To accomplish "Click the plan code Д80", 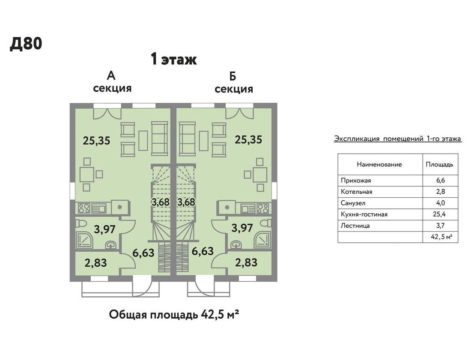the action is tap(26, 44).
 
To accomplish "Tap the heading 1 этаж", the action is tap(174, 59).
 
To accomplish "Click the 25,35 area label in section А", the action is tap(96, 140).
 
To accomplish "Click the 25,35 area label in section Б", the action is tap(248, 140).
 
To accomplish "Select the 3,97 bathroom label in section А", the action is tap(104, 229).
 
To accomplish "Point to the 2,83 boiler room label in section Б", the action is tap(246, 262).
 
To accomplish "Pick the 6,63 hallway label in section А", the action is tap(143, 253).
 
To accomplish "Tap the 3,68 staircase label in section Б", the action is tap(186, 202).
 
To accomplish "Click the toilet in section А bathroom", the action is tap(82, 224).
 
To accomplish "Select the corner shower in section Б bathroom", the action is tap(262, 240).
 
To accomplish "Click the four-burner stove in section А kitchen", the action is tap(84, 208).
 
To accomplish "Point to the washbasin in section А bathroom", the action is tap(111, 244).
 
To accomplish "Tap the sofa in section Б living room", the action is tap(188, 138).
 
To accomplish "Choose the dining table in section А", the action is tap(87, 174).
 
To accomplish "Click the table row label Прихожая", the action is tap(356, 181).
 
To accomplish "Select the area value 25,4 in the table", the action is tap(439, 214).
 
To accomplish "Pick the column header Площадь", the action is tap(439, 164).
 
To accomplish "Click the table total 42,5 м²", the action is tap(441, 237).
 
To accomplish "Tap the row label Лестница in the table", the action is tap(355, 226).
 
